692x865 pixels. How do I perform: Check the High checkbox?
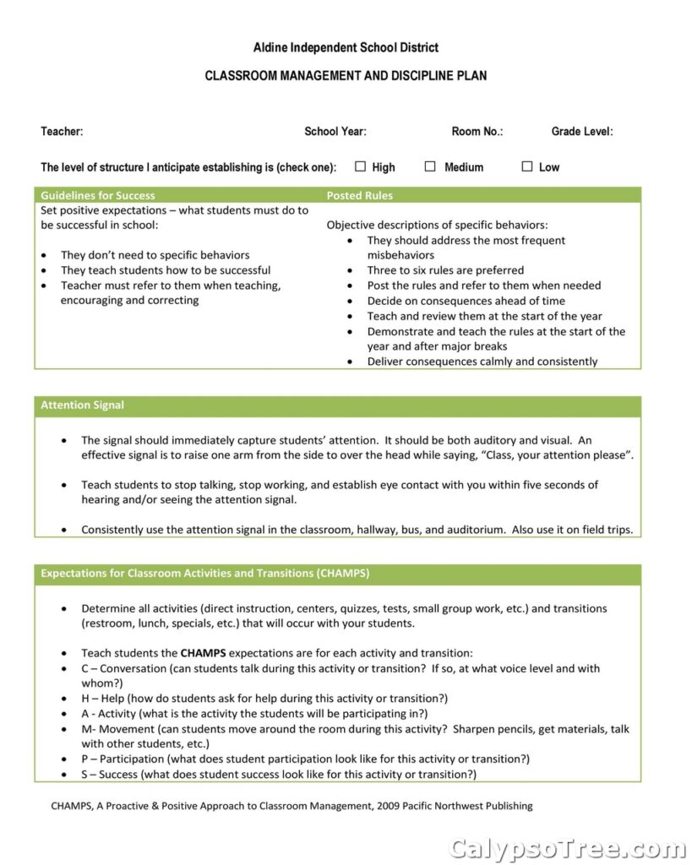361,166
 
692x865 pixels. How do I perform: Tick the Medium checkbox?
430,166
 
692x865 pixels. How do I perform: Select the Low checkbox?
527,166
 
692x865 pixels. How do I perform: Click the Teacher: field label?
62,132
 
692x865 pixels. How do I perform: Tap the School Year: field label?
335,132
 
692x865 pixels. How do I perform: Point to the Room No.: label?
477,132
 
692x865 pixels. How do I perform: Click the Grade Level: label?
582,132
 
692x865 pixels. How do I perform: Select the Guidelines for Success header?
98,195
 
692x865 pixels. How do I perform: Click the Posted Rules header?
360,195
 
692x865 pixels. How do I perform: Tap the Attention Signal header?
83,405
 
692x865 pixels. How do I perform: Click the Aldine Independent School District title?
346,47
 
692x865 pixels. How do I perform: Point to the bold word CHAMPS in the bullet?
203,653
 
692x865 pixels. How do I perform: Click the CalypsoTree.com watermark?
568,847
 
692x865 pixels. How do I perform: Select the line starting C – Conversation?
341,668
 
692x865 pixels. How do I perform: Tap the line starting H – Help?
264,699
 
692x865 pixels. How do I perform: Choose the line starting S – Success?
279,775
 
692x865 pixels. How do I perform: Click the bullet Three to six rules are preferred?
445,270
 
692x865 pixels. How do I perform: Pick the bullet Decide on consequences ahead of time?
466,301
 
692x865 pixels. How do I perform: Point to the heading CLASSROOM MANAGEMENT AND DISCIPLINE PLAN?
346,76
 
